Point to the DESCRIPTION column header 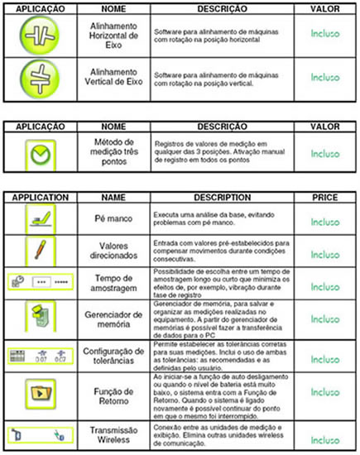(221, 199)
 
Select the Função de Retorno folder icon (38, 386)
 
